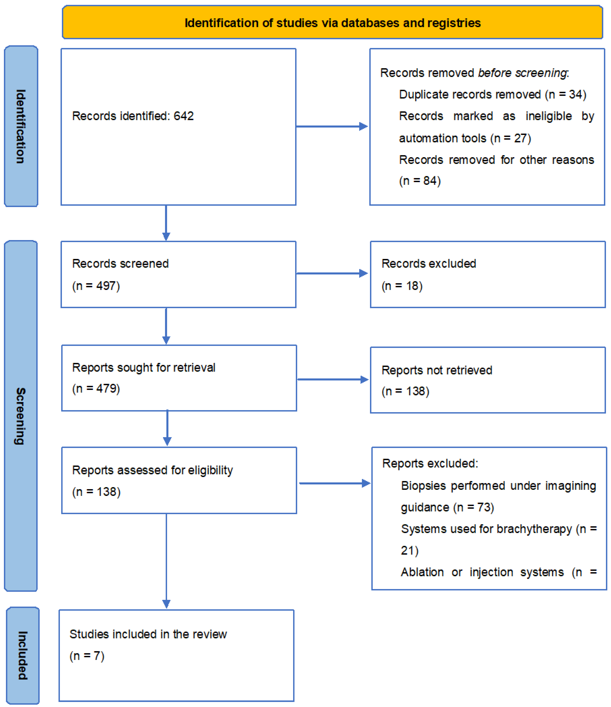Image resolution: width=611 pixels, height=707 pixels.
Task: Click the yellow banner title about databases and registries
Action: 332,23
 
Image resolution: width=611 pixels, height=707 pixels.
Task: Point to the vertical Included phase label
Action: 23,655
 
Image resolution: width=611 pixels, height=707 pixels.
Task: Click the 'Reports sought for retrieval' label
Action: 144,367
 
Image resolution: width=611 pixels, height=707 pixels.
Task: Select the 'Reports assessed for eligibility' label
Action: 152,470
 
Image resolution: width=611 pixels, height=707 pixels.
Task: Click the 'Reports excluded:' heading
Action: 430,463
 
